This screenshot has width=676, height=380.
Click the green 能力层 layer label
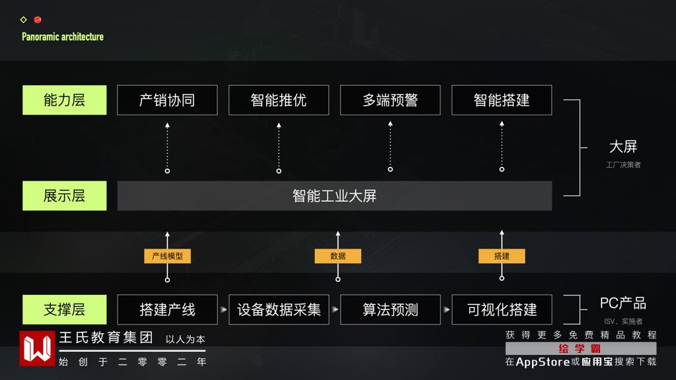tap(64, 100)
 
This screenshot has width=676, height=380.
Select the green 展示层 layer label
tap(64, 196)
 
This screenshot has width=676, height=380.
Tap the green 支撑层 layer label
tap(64, 309)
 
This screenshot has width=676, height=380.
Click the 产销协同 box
tap(167, 100)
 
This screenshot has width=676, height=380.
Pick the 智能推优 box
tap(279, 100)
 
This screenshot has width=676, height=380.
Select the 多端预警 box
tap(390, 100)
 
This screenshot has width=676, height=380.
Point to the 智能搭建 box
tap(502, 100)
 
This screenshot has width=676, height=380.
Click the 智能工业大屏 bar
tap(335, 196)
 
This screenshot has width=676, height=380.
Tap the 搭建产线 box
tap(167, 309)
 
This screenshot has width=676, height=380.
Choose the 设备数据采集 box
tap(279, 309)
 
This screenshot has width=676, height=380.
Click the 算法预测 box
tap(390, 309)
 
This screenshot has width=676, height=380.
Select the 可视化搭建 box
tap(502, 309)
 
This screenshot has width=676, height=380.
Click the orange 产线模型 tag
tap(168, 256)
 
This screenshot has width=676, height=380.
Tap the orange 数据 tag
tap(338, 256)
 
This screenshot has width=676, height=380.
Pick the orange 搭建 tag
tap(502, 256)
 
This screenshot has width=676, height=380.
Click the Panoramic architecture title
tap(63, 37)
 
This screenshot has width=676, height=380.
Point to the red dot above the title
tap(38, 20)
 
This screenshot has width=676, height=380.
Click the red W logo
tap(37, 348)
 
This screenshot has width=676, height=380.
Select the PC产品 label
tap(623, 303)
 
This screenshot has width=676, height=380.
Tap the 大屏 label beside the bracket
tap(623, 147)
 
